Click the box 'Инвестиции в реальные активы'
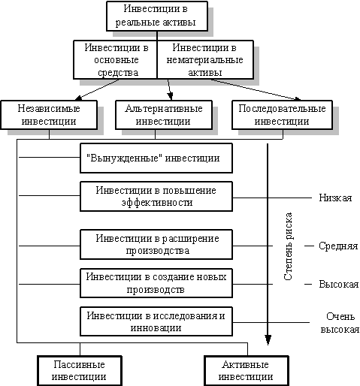157,17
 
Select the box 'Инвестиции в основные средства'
115,60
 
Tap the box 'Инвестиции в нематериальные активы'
205,60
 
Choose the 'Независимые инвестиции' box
49,115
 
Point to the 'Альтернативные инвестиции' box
164,115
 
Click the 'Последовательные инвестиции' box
283,115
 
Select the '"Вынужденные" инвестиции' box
156,158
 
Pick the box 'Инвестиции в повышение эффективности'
156,197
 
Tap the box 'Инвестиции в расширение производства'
156,245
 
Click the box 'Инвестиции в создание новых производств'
156,283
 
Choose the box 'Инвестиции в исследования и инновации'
156,321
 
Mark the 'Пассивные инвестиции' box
80,371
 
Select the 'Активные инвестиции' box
247,371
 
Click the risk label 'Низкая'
335,198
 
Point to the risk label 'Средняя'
338,246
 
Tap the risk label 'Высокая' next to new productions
339,285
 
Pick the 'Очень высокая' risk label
340,323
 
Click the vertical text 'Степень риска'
288,246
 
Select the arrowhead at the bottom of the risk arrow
268,340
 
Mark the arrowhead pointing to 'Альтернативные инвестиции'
171,96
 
